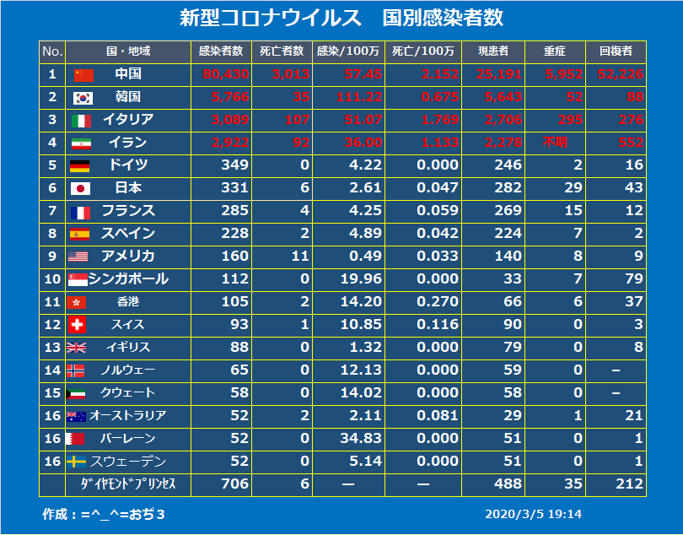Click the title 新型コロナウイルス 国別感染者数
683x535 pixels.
(x=341, y=18)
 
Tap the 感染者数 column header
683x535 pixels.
(x=221, y=51)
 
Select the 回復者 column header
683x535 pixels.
(x=616, y=51)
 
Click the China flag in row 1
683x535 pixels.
(x=83, y=74)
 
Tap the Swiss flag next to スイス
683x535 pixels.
(x=78, y=325)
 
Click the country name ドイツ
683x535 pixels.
(x=128, y=165)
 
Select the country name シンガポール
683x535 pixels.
(x=128, y=279)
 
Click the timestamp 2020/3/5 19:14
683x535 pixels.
(x=533, y=514)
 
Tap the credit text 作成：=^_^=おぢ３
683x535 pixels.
(x=103, y=514)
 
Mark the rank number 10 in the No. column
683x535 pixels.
(x=51, y=279)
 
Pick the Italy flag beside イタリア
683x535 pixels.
(x=81, y=120)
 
